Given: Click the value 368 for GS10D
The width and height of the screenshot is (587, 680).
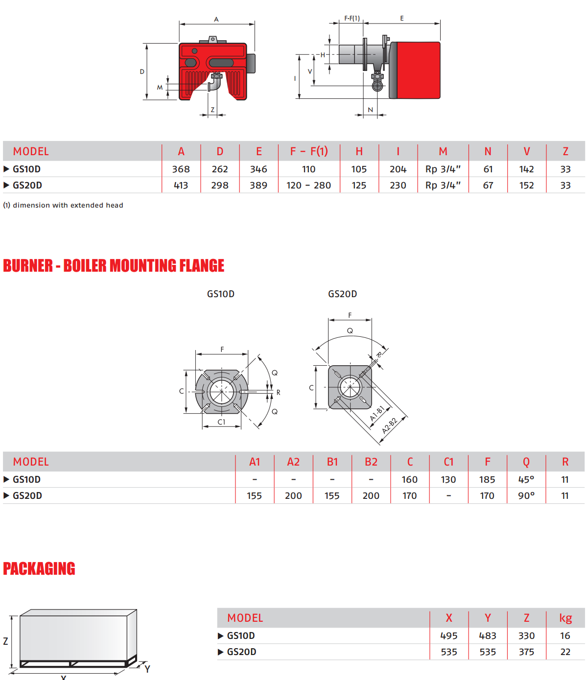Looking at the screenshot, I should click(x=181, y=169).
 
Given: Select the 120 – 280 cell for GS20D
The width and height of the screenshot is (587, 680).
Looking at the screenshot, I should click(x=308, y=186).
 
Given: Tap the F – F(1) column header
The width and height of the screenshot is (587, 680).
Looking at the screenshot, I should click(x=308, y=151).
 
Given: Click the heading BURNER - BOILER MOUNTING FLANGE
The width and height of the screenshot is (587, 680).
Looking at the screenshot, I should click(x=114, y=266).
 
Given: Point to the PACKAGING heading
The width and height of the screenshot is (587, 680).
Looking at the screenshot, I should click(x=39, y=569).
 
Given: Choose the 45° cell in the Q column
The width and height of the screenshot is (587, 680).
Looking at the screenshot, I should click(x=526, y=480).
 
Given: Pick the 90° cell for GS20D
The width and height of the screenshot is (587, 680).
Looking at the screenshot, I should click(x=526, y=496).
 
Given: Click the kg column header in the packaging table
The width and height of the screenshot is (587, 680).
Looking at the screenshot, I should click(x=565, y=618).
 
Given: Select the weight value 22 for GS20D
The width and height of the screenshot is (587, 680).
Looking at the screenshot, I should click(x=565, y=652).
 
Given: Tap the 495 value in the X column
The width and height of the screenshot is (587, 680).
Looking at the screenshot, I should click(x=448, y=636).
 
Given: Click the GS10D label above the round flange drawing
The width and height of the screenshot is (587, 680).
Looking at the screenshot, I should click(x=221, y=294).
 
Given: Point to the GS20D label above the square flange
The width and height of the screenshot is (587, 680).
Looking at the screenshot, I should click(x=342, y=294).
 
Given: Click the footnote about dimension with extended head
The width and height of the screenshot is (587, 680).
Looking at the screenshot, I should click(x=63, y=206).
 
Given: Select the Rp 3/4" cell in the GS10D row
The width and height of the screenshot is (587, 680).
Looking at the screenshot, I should click(x=443, y=169).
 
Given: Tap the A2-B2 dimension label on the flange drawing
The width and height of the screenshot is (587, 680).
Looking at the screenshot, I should click(x=390, y=425).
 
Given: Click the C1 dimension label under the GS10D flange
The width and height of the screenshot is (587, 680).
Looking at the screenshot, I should click(x=221, y=422).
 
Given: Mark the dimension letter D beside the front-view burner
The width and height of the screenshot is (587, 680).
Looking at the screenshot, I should click(x=142, y=71).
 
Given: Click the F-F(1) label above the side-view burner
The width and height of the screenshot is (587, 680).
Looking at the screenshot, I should click(x=352, y=19).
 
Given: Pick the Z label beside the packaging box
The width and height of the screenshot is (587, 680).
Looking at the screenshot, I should click(x=6, y=641).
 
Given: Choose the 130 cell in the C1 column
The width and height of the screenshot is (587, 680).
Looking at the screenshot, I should click(x=448, y=480).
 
